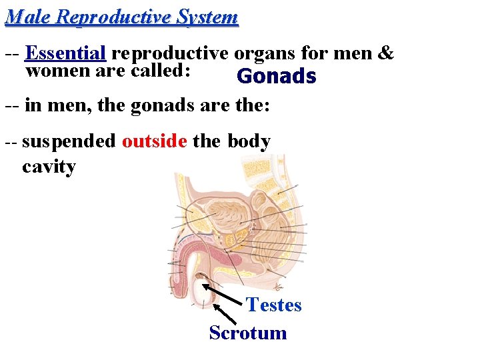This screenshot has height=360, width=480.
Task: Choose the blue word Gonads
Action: pos(276,77)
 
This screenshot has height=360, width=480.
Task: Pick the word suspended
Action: pos(69,142)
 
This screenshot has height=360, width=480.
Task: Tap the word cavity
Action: pos(49,166)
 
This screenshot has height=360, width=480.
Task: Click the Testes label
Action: pos(274,305)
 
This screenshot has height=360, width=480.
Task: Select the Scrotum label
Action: pos(248,333)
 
